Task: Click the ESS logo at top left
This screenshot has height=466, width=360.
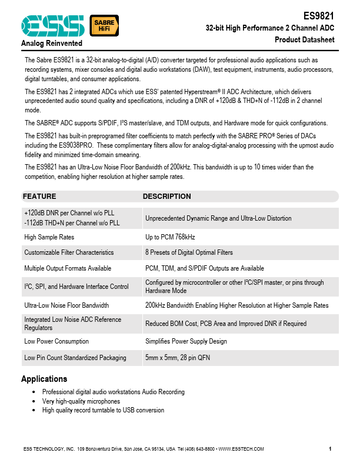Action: click(x=53, y=25)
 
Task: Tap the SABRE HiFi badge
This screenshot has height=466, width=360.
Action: click(x=104, y=25)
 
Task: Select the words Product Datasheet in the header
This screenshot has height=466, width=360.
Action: click(x=305, y=40)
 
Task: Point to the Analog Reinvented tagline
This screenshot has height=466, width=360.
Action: click(x=52, y=44)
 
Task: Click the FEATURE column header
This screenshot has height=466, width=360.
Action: click(x=40, y=197)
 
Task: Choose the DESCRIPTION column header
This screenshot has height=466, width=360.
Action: click(x=167, y=197)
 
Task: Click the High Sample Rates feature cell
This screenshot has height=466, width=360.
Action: click(x=49, y=237)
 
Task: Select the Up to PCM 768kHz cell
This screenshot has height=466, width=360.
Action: click(x=170, y=237)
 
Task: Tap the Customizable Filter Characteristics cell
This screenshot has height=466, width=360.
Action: click(x=69, y=252)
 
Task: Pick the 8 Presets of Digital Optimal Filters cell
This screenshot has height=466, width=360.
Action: click(x=189, y=252)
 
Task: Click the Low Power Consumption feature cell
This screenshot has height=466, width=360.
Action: click(x=56, y=341)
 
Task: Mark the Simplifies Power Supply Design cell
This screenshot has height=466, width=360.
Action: click(x=186, y=341)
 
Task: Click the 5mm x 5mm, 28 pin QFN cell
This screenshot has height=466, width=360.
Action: click(x=178, y=358)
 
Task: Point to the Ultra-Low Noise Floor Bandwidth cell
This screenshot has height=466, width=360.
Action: click(x=66, y=305)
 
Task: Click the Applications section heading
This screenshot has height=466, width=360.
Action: click(x=44, y=379)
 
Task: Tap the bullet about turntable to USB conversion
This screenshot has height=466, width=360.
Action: click(x=103, y=410)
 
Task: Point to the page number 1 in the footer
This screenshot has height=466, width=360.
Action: click(x=331, y=450)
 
